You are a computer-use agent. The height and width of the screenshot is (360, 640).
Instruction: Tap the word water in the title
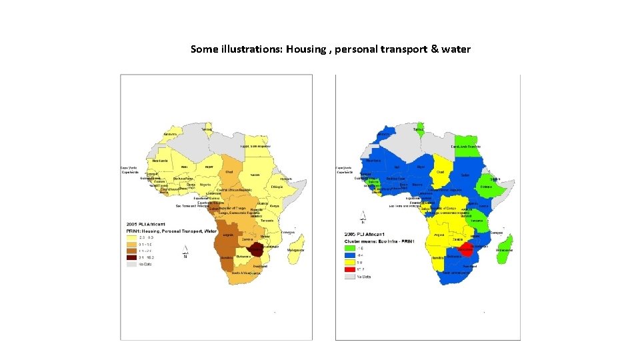click(456, 49)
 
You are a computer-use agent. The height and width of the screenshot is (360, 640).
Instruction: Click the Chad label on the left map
click(230, 172)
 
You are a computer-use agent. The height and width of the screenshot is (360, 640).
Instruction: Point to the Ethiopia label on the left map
click(278, 187)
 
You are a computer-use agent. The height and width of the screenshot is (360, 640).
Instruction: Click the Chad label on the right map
click(441, 171)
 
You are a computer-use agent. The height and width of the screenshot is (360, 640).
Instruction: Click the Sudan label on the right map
click(465, 176)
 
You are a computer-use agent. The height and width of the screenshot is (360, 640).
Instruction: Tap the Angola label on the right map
click(439, 235)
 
